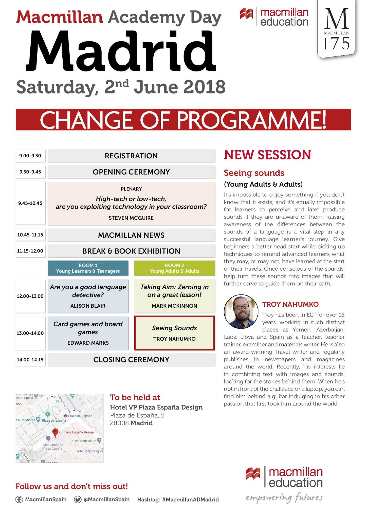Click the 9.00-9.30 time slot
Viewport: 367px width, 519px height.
pos(30,156)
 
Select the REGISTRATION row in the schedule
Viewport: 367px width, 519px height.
pos(131,156)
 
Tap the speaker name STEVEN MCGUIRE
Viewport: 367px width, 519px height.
pos(131,218)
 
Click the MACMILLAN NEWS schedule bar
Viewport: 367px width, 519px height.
pos(131,235)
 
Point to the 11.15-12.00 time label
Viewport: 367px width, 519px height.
pos(30,251)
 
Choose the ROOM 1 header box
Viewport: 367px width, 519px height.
pos(88,268)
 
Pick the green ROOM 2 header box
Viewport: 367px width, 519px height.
pos(174,268)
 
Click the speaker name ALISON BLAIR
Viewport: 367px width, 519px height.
pos(88,306)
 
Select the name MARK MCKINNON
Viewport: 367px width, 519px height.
pos(174,306)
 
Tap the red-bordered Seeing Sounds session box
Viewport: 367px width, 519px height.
pos(174,333)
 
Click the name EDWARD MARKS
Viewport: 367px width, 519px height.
pos(88,343)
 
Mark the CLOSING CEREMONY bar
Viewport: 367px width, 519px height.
pos(131,360)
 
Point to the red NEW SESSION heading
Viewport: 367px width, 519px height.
pos(267,155)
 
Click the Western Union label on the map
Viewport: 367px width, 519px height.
pos(85,441)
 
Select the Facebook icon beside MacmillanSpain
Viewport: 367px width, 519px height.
pos(19,499)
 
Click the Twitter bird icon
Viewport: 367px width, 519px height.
pos(78,499)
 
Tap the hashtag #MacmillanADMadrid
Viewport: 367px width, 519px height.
pos(190,499)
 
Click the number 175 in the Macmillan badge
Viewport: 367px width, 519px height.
pos(337,43)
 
